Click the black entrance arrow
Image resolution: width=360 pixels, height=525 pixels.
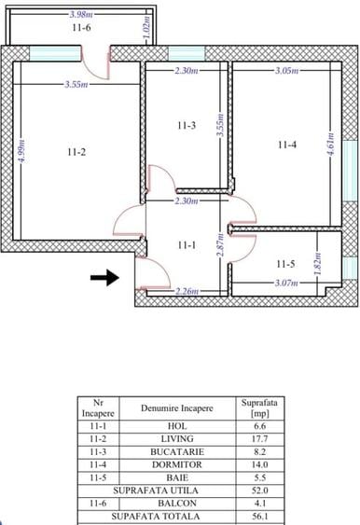coord(108,277)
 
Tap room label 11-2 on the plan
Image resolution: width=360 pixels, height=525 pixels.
coord(76,152)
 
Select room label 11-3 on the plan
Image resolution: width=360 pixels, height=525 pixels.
coord(187,124)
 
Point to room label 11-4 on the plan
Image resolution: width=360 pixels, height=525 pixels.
coord(287,144)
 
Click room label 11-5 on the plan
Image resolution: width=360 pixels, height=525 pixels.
coord(285,264)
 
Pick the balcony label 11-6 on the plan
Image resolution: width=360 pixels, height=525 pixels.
coord(81,29)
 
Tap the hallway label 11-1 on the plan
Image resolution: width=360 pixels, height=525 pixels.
coord(187,244)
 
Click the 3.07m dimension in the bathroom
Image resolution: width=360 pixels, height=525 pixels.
coord(287,283)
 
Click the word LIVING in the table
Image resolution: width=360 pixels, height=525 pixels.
coord(177,438)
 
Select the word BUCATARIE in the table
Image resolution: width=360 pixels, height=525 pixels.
coord(177,450)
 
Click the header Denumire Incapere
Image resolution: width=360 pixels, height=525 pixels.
coord(177,408)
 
